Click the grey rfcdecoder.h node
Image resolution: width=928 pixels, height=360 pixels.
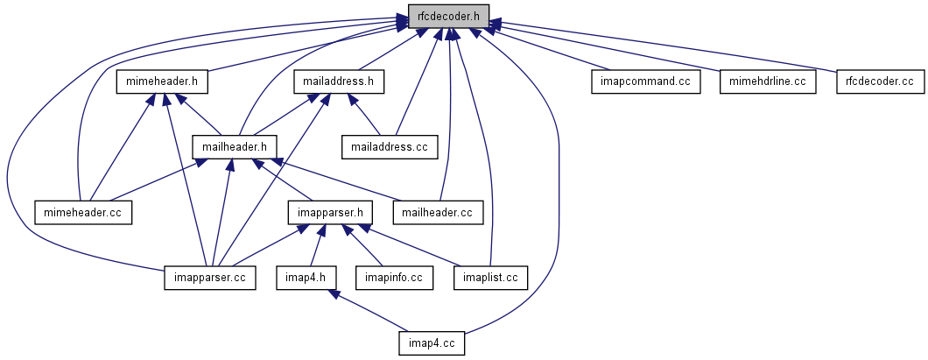pyautogui.click(x=448, y=16)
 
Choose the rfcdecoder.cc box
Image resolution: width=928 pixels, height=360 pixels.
pyautogui.click(x=879, y=81)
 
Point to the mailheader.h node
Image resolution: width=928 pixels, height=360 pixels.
pyautogui.click(x=235, y=146)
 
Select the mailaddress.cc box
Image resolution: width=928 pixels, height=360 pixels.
pyautogui.click(x=390, y=146)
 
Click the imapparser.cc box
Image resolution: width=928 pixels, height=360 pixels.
pyautogui.click(x=209, y=278)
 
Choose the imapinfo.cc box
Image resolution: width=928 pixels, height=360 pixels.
pyautogui.click(x=389, y=278)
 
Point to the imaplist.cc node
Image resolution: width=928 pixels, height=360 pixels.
pyautogui.click(x=490, y=278)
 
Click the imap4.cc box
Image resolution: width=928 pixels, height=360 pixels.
pyautogui.click(x=430, y=342)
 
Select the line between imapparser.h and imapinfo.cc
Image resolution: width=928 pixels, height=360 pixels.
pyautogui.click(x=363, y=249)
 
